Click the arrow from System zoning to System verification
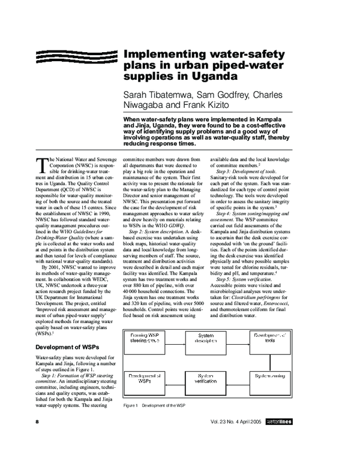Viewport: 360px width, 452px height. click(x=244, y=379)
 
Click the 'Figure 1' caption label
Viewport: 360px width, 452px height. click(x=131, y=406)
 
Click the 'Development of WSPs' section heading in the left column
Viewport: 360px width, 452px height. click(x=68, y=347)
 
